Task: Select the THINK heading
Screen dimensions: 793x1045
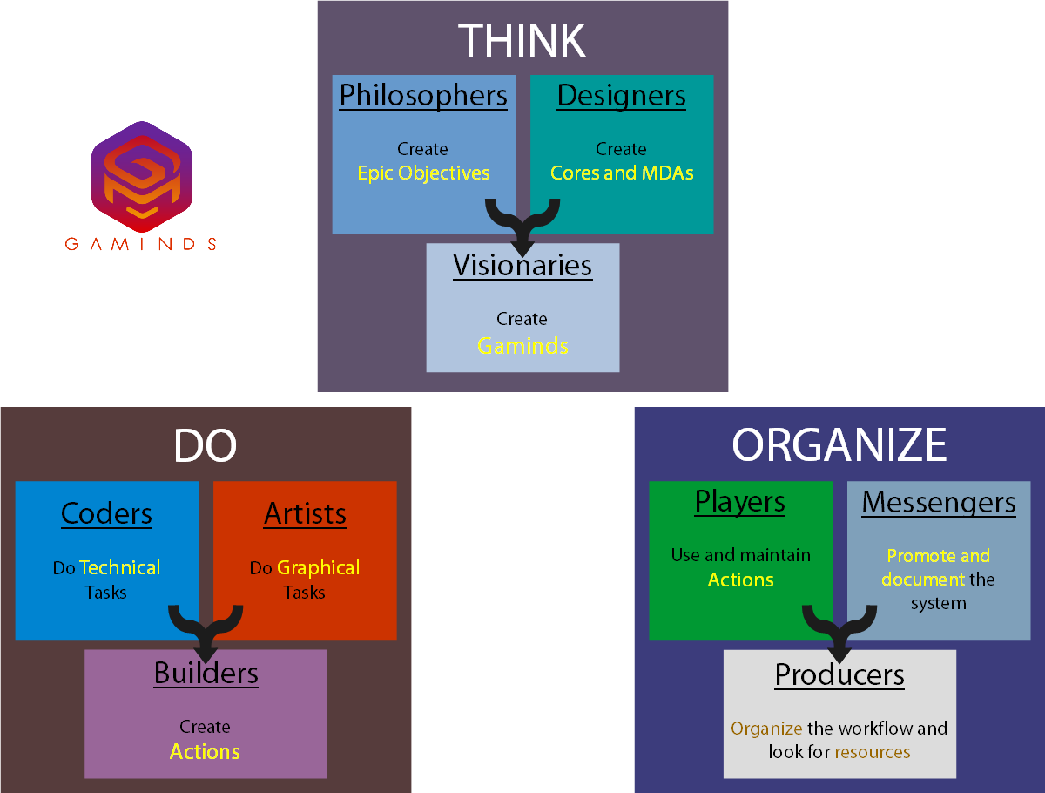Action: (x=522, y=40)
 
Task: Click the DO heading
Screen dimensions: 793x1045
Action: (x=205, y=446)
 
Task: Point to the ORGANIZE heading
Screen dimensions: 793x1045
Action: (x=839, y=445)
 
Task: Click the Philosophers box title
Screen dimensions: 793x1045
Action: (x=423, y=95)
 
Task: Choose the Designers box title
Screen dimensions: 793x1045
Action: (x=621, y=95)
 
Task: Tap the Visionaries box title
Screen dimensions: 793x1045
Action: (x=522, y=265)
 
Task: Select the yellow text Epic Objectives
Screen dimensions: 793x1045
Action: (x=423, y=173)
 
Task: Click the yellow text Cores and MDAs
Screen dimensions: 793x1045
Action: (x=622, y=173)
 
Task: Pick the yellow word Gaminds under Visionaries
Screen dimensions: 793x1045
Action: (x=522, y=345)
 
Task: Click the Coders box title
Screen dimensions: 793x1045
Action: (x=106, y=513)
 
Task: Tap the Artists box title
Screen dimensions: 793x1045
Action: (x=305, y=513)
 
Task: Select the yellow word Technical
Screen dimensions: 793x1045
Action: (x=120, y=567)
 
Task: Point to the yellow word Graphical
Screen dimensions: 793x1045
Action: (x=319, y=567)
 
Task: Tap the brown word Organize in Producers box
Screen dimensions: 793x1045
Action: (x=766, y=728)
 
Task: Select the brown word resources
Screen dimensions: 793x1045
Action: (x=873, y=751)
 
